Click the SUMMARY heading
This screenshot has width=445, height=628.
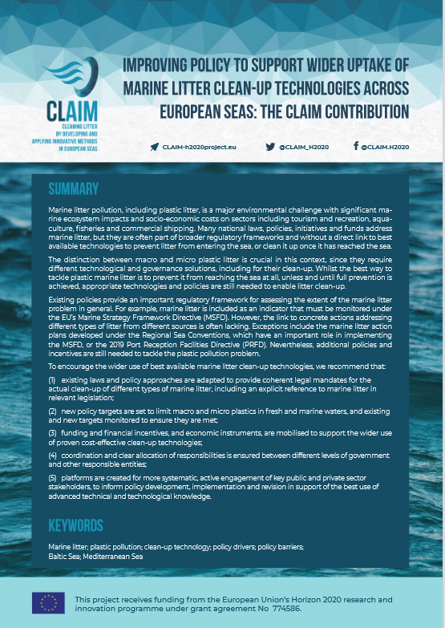click(74, 190)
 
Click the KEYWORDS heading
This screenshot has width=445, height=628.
click(75, 526)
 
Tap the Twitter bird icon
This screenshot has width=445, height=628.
click(270, 147)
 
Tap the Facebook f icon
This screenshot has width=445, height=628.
click(355, 147)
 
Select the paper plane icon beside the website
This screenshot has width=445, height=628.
click(154, 147)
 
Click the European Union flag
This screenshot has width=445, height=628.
click(48, 603)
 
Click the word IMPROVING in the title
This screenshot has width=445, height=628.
click(163, 64)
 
